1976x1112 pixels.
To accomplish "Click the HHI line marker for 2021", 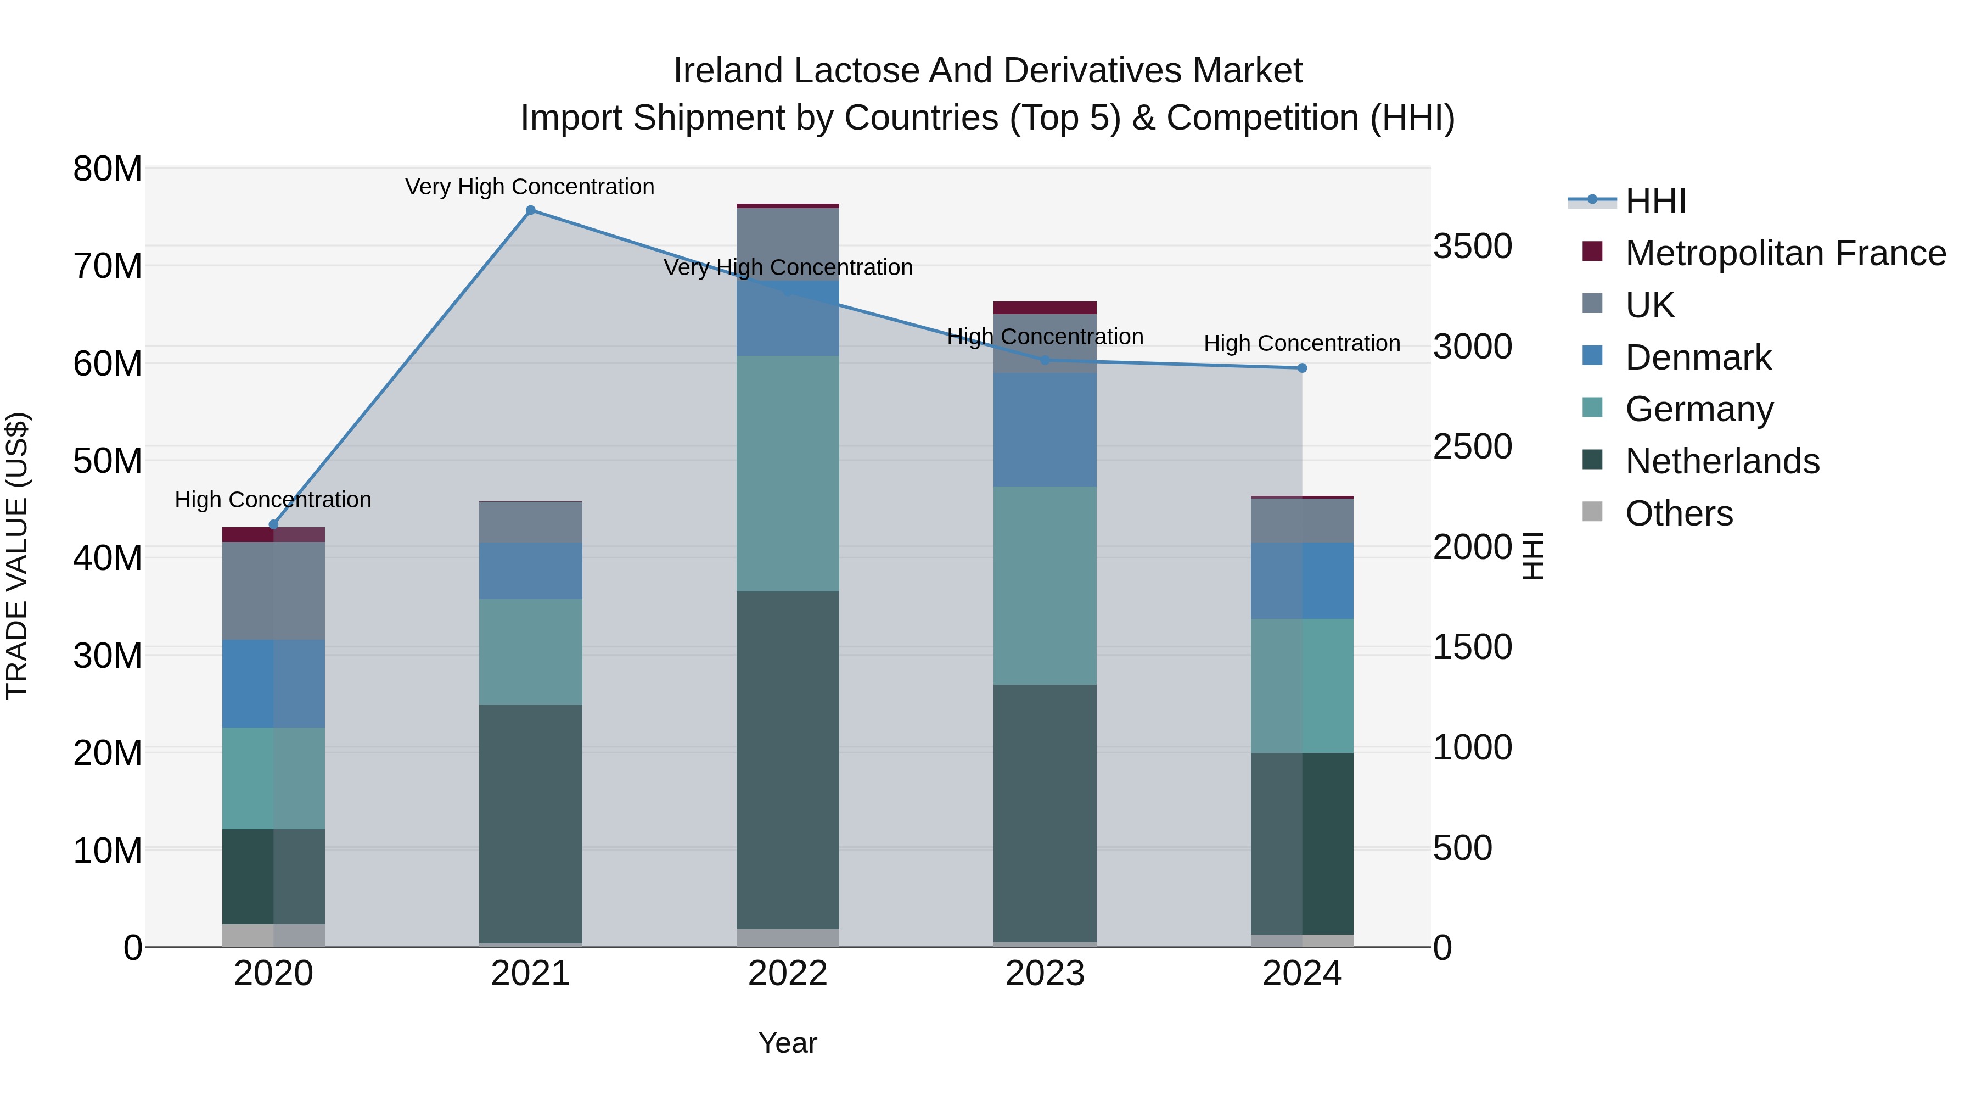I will click(530, 210).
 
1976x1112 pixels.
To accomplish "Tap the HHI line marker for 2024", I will click(1302, 368).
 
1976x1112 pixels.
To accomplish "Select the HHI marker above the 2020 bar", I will click(273, 525).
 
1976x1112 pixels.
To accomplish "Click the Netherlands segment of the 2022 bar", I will click(788, 760).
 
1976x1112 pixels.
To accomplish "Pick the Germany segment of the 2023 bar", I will click(1045, 585).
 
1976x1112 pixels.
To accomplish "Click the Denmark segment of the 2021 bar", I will click(530, 571).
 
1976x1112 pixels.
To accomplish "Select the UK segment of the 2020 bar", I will click(273, 591).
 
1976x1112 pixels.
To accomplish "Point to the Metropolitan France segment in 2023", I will click(1045, 308).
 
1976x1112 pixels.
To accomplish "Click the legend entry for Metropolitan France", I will click(1785, 253).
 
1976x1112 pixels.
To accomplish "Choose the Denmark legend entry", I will click(1698, 357).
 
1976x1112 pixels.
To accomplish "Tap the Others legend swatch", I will click(1592, 512).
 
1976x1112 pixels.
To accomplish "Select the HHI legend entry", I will click(1655, 201).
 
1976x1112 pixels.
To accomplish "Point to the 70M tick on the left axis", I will click(108, 266).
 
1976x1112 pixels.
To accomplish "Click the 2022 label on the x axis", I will click(788, 974).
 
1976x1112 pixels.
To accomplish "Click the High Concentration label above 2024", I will click(1302, 343).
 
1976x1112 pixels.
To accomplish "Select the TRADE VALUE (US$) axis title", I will click(17, 556).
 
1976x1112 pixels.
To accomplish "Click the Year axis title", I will click(788, 1043).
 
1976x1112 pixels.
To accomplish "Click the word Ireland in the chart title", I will click(728, 71).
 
